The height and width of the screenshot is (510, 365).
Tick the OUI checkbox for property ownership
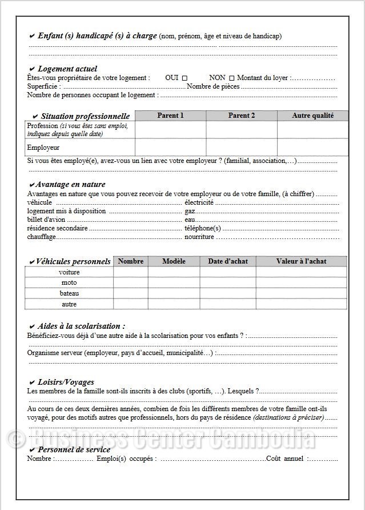(x=184, y=78)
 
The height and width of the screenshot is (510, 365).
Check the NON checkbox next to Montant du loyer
(x=231, y=78)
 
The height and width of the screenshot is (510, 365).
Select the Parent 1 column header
(x=170, y=115)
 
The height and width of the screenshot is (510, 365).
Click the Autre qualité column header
(x=312, y=115)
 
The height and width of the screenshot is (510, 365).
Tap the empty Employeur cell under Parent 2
(x=242, y=148)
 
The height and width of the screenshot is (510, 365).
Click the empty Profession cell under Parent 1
(x=170, y=130)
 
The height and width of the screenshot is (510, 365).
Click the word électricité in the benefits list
(x=199, y=202)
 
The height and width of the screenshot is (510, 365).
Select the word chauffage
(x=42, y=237)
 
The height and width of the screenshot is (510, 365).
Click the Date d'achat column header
(x=227, y=261)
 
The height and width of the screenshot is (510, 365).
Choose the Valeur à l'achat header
(x=301, y=261)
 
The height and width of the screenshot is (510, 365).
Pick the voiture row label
(x=69, y=272)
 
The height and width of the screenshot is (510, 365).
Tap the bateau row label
(x=69, y=293)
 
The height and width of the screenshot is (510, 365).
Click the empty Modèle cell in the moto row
(x=174, y=282)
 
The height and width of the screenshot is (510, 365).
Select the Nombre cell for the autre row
(x=130, y=304)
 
